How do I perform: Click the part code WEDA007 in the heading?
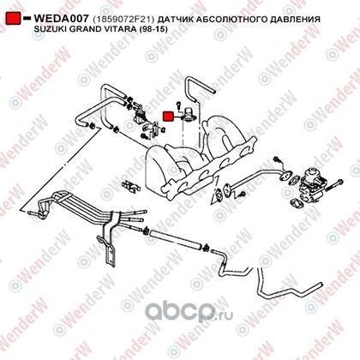[x=61, y=19]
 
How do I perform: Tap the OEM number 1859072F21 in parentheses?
[x=123, y=20]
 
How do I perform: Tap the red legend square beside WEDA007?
[x=14, y=18]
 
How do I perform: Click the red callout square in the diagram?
[x=168, y=117]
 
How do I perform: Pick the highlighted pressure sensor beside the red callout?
[x=189, y=114]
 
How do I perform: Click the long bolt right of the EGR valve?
[x=333, y=185]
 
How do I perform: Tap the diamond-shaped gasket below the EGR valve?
[x=296, y=203]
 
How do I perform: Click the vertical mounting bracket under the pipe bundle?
[x=110, y=243]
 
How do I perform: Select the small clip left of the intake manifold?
[x=131, y=186]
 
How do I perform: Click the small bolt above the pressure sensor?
[x=178, y=105]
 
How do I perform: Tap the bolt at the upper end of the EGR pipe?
[x=277, y=159]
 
